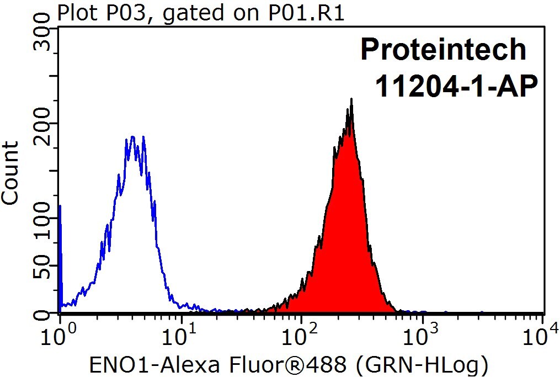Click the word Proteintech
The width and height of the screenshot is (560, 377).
pos(443,50)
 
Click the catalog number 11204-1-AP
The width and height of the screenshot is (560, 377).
pos(457,86)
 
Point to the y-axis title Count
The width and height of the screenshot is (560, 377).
pos(10,173)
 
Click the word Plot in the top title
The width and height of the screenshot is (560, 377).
pos(74,13)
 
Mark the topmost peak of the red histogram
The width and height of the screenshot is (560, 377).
pos(351,99)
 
